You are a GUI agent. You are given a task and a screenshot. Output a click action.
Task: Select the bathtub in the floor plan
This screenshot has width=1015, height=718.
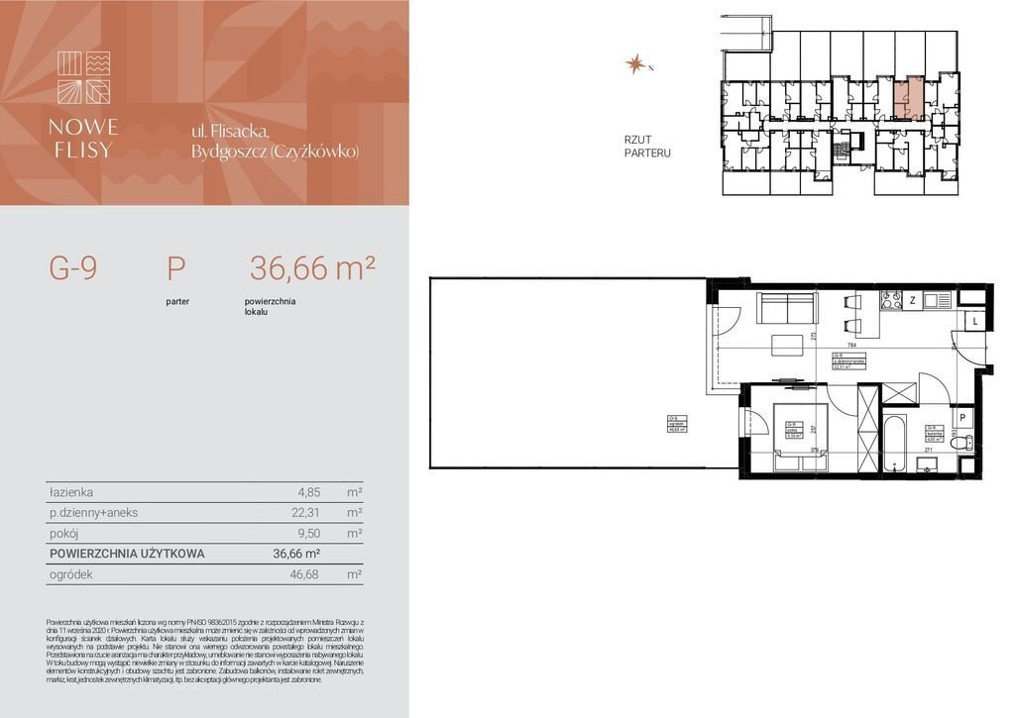[894, 444]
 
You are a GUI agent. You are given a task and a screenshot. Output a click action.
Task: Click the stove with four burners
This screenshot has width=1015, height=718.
[891, 298]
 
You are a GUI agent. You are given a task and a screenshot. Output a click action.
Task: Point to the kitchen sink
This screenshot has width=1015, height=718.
[937, 298]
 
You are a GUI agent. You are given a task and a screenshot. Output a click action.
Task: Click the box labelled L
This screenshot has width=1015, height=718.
[975, 322]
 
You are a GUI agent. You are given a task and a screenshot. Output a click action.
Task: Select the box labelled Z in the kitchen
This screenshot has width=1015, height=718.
[912, 299]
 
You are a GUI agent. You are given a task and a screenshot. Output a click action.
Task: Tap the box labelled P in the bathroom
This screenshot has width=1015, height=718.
[962, 418]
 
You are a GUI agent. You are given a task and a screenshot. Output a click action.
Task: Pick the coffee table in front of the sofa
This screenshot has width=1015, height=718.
[788, 346]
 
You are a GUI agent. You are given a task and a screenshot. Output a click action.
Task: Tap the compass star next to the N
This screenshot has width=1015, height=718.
[634, 64]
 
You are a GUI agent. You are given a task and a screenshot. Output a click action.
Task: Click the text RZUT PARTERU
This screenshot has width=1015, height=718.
[647, 147]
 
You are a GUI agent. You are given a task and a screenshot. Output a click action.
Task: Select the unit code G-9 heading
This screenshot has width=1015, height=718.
[73, 268]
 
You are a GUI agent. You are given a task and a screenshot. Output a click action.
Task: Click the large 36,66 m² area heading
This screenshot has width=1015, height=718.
[312, 268]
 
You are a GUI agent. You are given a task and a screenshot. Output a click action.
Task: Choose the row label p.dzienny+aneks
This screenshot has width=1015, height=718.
[93, 512]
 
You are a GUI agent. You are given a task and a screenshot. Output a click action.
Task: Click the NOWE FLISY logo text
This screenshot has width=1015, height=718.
[84, 139]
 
